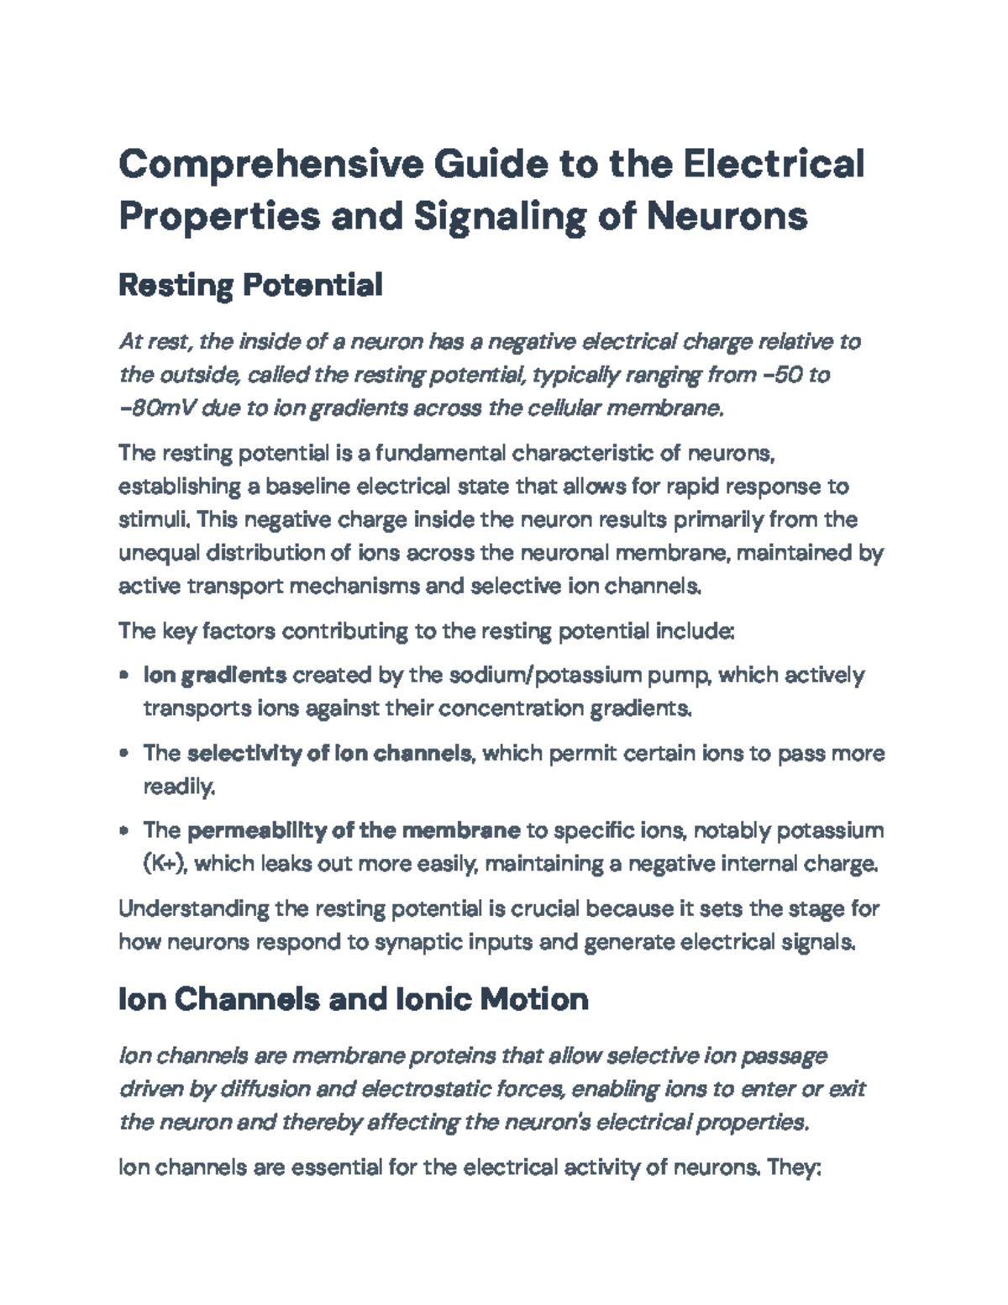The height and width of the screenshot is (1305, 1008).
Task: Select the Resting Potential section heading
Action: [x=250, y=286]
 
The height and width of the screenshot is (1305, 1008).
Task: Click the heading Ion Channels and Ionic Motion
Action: [x=353, y=999]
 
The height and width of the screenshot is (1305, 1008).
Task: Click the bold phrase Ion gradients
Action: [x=215, y=675]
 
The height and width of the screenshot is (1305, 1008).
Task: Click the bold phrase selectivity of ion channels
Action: [x=328, y=753]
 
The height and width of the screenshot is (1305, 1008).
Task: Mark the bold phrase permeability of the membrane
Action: [x=353, y=830]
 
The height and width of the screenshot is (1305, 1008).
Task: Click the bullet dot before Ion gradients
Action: [x=124, y=675]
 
